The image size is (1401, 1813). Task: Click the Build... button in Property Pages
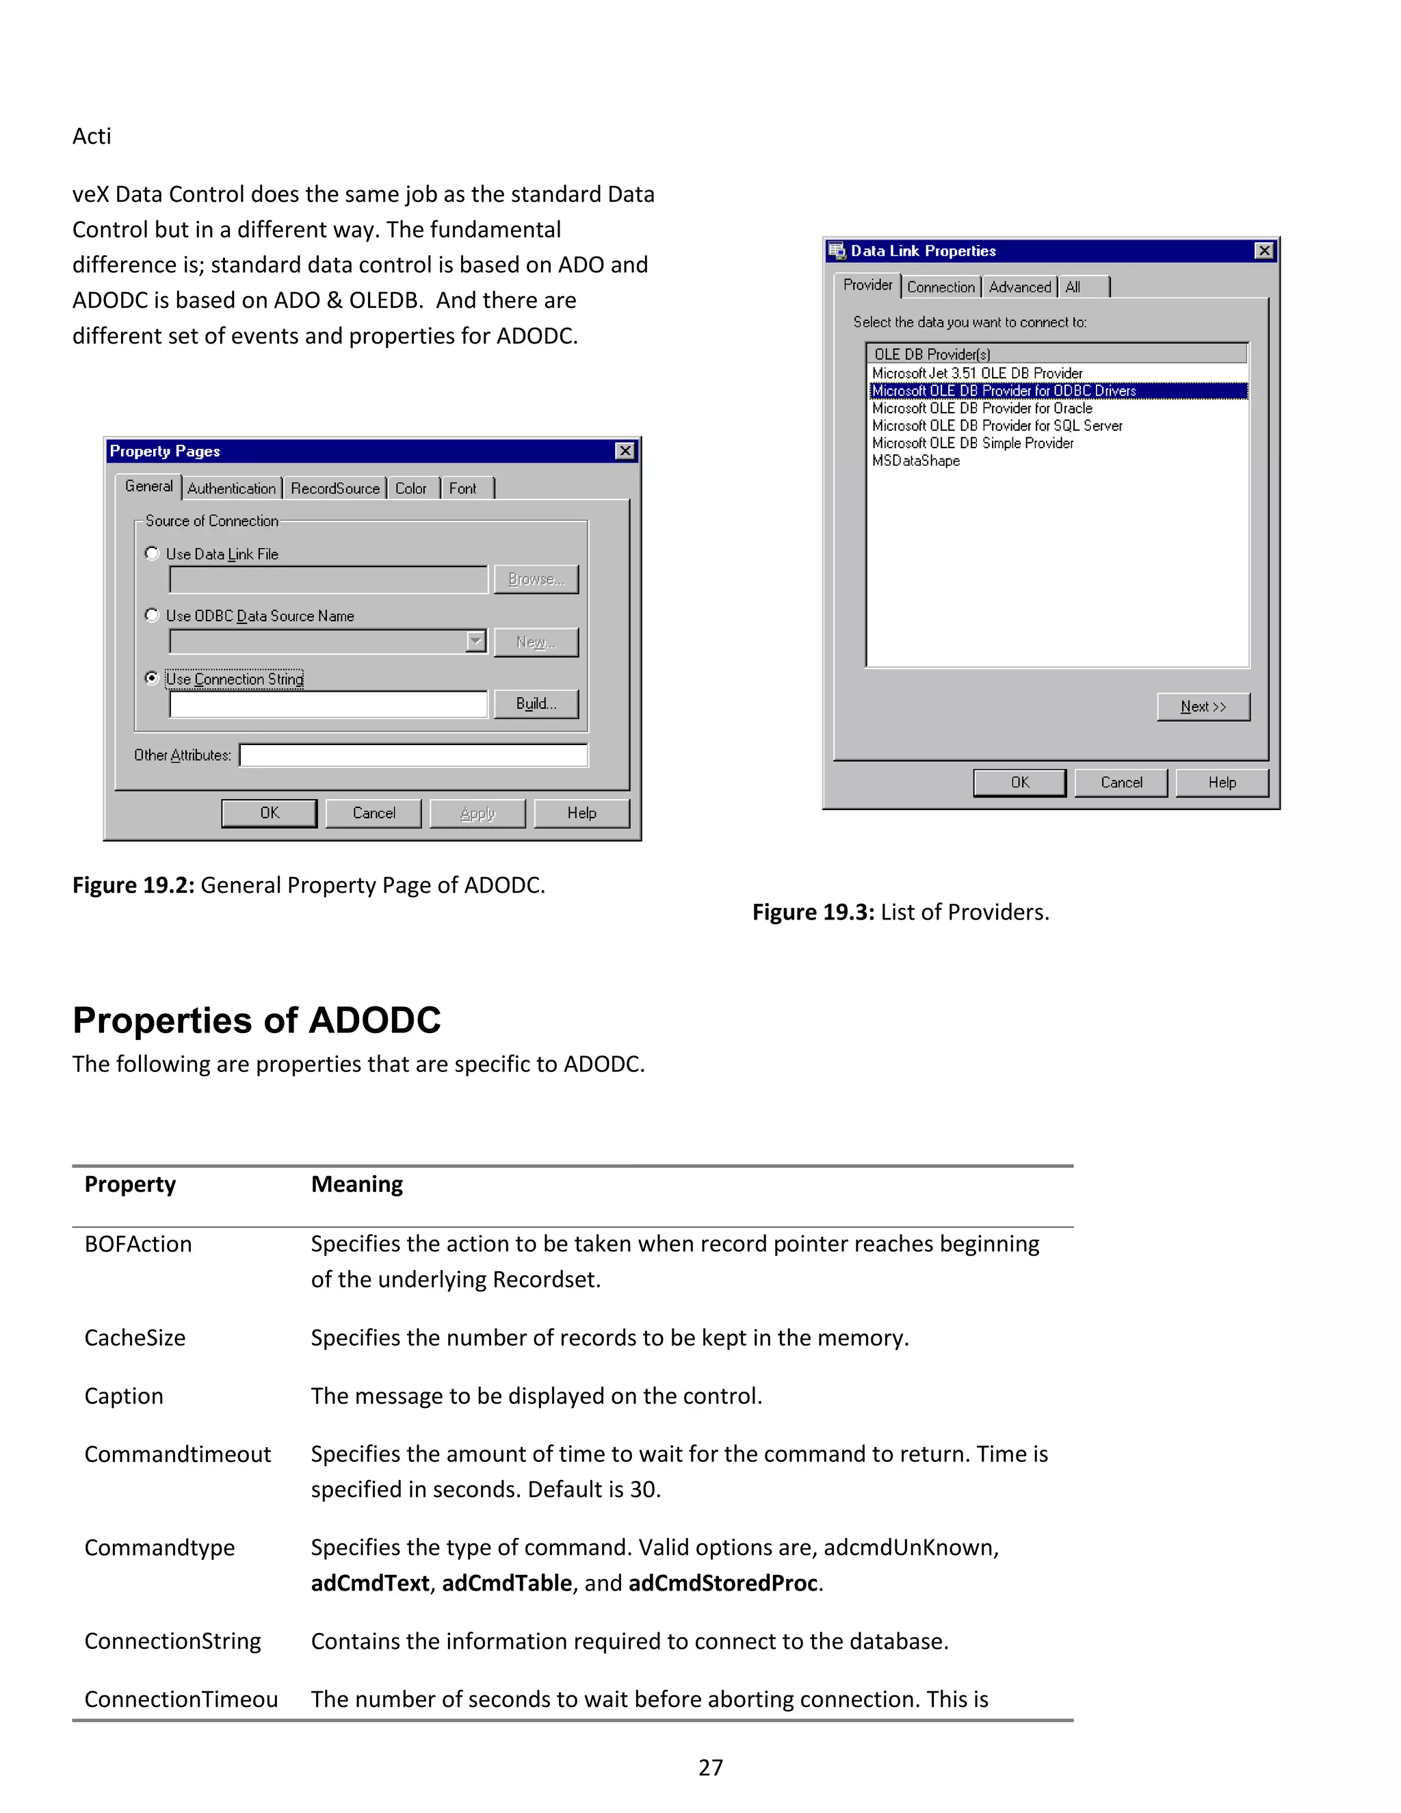(x=536, y=704)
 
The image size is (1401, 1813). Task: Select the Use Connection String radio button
(x=152, y=678)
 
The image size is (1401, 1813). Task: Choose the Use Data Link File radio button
(x=152, y=553)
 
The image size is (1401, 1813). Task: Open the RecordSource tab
(x=335, y=488)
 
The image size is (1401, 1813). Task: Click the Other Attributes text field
(x=413, y=755)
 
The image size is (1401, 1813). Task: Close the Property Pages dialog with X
(x=625, y=451)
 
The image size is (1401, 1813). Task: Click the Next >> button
(x=1203, y=707)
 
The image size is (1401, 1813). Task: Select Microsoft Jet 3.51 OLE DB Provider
(x=977, y=374)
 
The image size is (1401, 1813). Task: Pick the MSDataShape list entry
(x=915, y=460)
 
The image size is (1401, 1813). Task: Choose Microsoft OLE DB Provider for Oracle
(x=982, y=408)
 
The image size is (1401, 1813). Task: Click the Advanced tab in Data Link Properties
(x=1019, y=287)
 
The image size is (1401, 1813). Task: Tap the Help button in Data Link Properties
(x=1222, y=782)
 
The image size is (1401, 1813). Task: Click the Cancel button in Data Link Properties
(x=1121, y=782)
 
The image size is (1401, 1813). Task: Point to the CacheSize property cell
(x=135, y=1338)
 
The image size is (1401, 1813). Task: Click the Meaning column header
(x=357, y=1184)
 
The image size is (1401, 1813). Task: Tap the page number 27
(x=711, y=1767)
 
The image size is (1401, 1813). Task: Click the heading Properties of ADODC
(x=257, y=1020)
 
